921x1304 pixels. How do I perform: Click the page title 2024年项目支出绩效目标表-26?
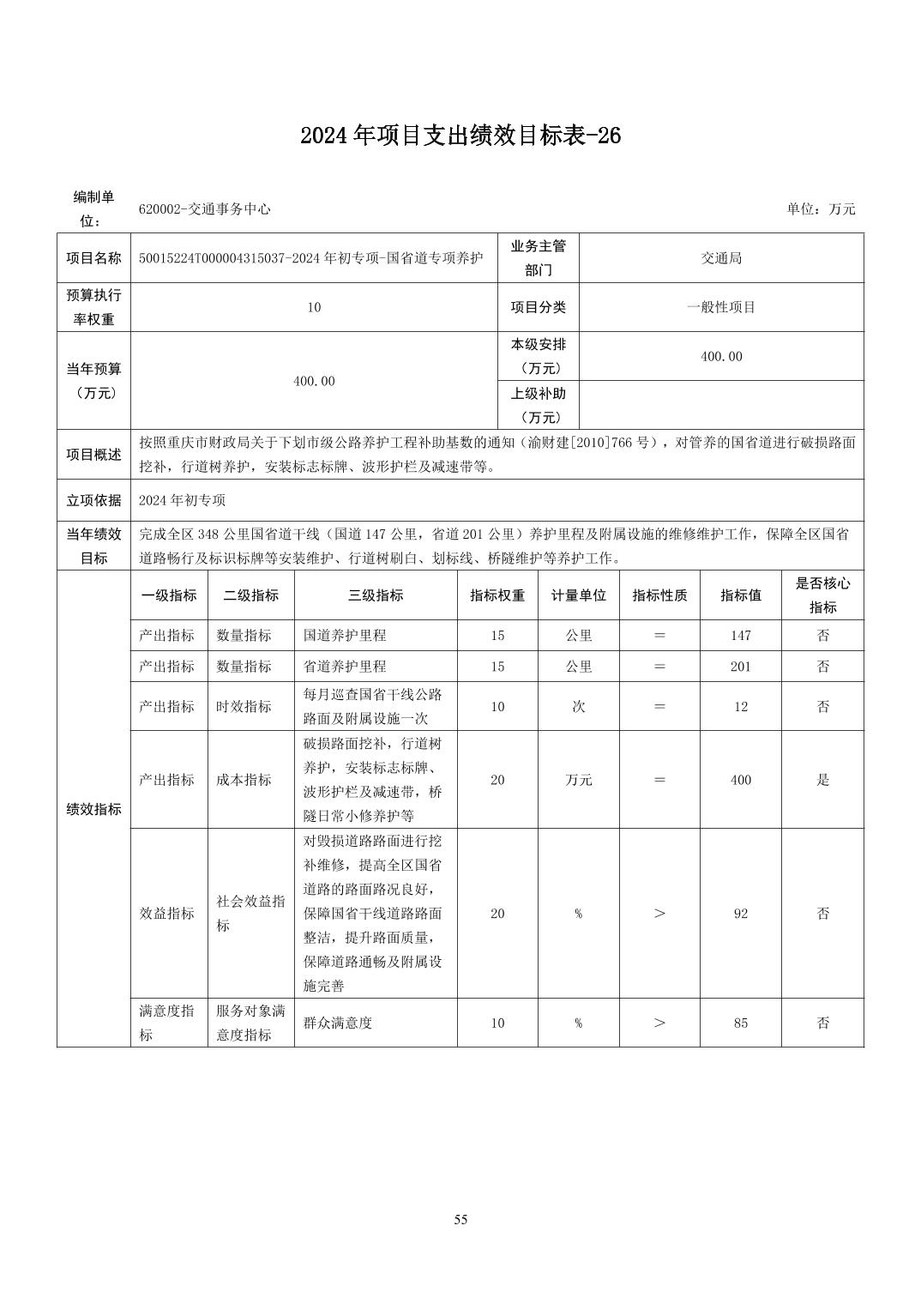(x=460, y=136)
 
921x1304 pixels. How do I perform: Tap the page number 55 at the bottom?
(x=460, y=1220)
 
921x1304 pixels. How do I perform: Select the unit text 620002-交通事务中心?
(x=205, y=209)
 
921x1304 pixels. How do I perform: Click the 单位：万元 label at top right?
(x=821, y=209)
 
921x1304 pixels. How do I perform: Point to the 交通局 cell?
(x=721, y=258)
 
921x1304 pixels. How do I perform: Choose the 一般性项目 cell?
(x=721, y=307)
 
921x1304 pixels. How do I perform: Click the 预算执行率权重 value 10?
(x=314, y=307)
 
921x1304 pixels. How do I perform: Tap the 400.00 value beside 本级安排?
(x=721, y=356)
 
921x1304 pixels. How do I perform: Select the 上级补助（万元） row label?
(x=539, y=405)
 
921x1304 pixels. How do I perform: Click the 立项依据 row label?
(x=94, y=500)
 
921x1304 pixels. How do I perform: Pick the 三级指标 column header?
(x=376, y=595)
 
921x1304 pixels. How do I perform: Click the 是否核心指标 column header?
(x=822, y=595)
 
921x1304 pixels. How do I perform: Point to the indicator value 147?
(x=741, y=636)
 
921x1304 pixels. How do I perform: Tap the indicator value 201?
(x=741, y=667)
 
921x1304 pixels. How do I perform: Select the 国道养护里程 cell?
(x=345, y=636)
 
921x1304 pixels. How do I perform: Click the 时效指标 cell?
(x=244, y=707)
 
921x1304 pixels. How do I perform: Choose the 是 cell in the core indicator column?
(x=822, y=780)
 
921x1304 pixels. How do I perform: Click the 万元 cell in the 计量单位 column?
(x=579, y=780)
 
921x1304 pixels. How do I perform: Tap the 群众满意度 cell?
(x=338, y=1023)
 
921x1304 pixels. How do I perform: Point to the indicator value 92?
(x=741, y=914)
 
